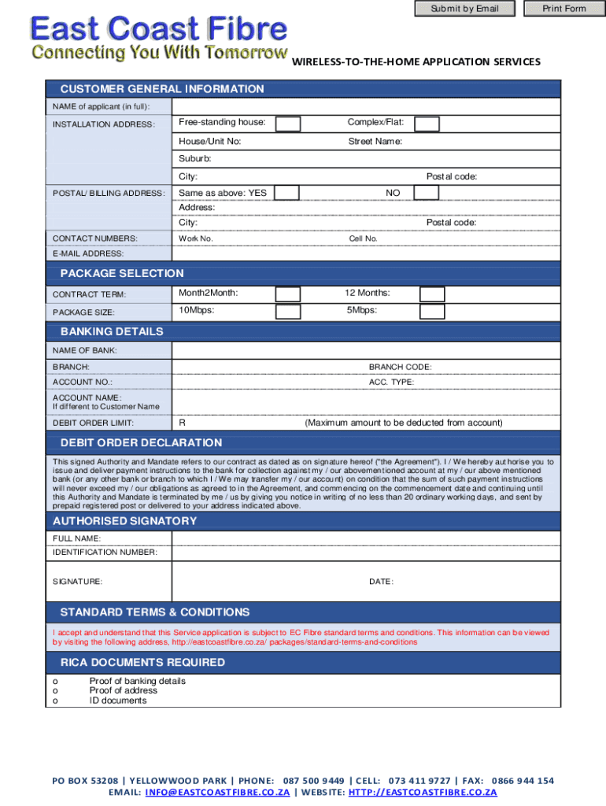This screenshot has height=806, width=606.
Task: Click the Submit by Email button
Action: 464,9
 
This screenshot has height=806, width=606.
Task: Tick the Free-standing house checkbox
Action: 287,124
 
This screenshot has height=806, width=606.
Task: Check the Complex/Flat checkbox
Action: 427,124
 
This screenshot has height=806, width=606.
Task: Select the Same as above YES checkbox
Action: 286,194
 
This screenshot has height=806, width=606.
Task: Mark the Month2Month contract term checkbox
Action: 287,294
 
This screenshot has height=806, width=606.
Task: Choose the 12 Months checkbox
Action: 431,294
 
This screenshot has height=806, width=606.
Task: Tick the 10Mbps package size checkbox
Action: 287,312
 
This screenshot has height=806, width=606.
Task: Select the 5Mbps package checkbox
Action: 431,312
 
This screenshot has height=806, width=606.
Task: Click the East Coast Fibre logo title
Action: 158,31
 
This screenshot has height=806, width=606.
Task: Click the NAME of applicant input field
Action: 366,107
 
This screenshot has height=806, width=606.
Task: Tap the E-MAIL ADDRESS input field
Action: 366,254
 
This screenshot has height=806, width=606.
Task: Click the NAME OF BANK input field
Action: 366,350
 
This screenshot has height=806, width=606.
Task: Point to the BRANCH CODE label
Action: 400,367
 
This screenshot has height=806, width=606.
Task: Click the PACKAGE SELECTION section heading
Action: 122,273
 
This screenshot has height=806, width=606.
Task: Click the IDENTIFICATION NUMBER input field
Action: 366,553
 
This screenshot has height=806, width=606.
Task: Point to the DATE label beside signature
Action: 381,582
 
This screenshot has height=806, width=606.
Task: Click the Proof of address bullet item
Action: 123,690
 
